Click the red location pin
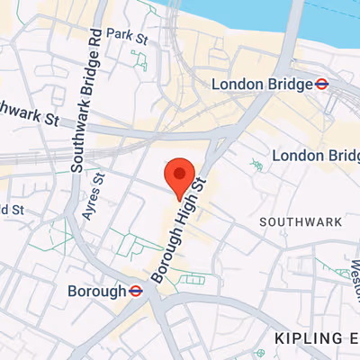tap(179, 175)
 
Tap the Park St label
tap(126, 35)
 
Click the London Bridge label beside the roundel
tap(260, 84)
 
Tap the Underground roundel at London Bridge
tap(319, 84)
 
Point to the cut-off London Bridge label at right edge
tap(315, 156)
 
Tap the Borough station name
tap(96, 292)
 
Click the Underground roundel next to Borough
tap(136, 292)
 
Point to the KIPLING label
tap(310, 337)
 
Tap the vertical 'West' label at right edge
tap(352, 288)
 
